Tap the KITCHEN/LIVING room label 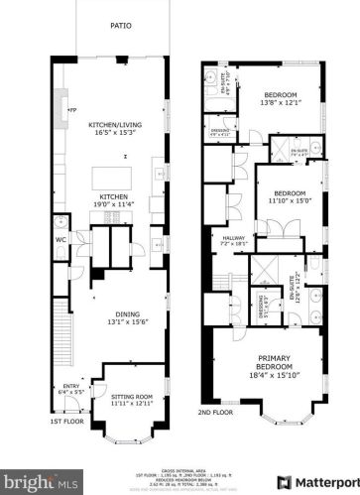pyautogui.click(x=112, y=125)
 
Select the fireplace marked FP pyautogui.click(x=70, y=110)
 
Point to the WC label pyautogui.click(x=60, y=239)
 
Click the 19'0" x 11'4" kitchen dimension pyautogui.click(x=112, y=204)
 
